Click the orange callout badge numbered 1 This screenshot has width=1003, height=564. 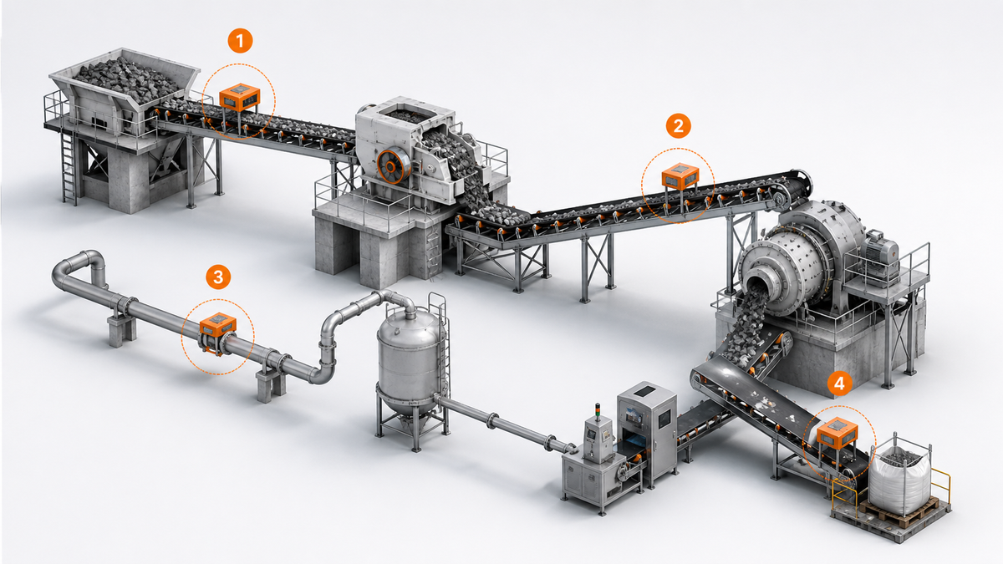(240, 41)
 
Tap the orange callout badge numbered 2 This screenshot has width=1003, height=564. (678, 126)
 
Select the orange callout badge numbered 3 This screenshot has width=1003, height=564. (218, 277)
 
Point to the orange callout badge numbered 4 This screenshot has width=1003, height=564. (839, 384)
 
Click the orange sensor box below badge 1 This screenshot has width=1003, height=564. (240, 97)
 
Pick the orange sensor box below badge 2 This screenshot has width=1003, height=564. (680, 175)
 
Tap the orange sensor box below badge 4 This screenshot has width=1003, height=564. (838, 432)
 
